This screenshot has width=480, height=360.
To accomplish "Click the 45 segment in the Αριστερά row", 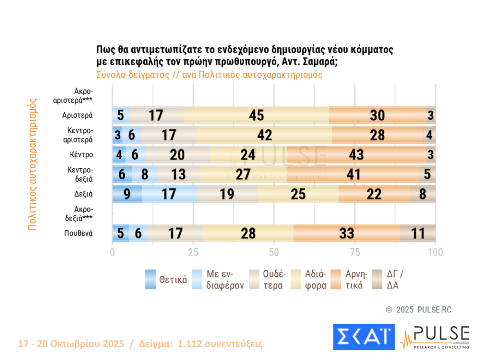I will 256,115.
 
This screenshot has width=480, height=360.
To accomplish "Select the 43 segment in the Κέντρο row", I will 356,155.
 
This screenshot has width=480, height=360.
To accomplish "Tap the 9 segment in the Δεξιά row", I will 127,194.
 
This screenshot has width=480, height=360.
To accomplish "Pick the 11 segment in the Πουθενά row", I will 418,233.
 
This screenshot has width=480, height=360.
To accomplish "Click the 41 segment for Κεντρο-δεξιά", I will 353,174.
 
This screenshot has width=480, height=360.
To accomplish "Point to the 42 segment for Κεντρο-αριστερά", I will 264,135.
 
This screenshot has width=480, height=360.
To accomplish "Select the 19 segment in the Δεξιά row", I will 227,194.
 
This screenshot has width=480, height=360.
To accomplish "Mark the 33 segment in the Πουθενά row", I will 347,233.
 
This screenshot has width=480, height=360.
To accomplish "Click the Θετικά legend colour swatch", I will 150,279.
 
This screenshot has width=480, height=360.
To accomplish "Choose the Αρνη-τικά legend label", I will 356,279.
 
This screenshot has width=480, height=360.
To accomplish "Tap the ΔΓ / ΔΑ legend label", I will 395,279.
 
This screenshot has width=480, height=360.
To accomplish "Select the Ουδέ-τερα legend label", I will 274,279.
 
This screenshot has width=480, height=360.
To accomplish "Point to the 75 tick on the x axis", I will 355,252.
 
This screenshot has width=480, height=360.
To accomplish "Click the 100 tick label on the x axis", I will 435,252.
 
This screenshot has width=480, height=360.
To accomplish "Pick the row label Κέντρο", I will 82,155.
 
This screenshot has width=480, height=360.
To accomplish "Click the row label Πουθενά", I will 78,233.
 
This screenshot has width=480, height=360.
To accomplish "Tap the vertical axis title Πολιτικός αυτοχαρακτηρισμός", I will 32,164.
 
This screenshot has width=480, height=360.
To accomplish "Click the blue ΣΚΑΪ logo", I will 364,337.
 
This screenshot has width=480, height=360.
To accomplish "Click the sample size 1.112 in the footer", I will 190,344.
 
